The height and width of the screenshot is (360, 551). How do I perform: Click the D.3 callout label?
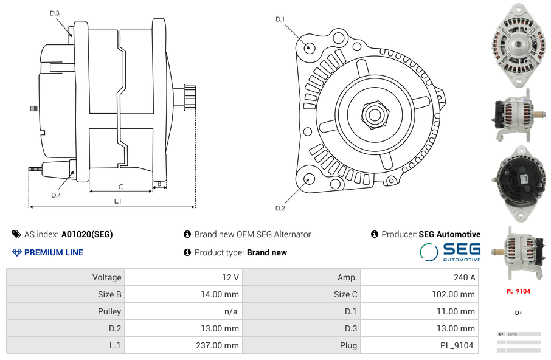coord(55,13)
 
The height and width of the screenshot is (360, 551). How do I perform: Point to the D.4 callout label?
coord(56,195)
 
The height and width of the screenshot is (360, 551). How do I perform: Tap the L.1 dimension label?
coord(118,201)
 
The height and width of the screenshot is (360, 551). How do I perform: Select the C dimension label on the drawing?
coord(121,187)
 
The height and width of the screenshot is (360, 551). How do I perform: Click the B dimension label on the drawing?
coord(159,184)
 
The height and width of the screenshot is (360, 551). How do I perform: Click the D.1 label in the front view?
coord(280,19)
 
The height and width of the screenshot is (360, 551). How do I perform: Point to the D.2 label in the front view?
coord(280,209)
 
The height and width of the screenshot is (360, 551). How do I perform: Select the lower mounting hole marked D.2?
coord(309,179)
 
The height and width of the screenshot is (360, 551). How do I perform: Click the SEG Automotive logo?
coord(450,252)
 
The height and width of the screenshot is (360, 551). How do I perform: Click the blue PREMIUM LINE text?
coord(54,252)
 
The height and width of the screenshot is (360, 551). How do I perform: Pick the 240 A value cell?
coord(420,277)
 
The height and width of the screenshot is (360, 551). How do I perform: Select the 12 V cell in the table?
coord(184,277)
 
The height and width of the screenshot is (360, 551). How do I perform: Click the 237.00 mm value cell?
coord(184,345)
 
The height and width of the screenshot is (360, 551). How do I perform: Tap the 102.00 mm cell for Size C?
coord(420,294)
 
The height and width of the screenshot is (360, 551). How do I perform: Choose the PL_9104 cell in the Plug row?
coord(420,345)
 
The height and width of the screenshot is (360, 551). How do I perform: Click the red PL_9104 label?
coord(518,291)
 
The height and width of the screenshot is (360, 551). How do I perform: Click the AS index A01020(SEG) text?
coord(87,234)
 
